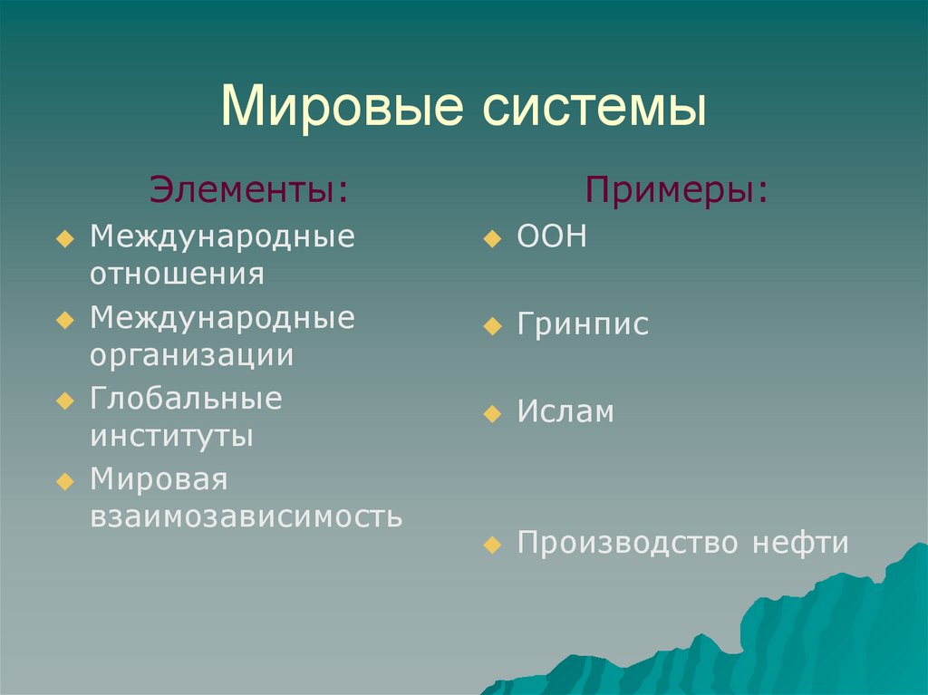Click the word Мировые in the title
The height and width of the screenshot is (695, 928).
point(342,107)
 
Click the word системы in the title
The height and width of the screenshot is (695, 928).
point(594,108)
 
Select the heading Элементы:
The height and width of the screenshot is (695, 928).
point(249,189)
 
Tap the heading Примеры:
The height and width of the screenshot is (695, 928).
point(676,190)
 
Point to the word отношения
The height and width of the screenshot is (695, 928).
point(177,274)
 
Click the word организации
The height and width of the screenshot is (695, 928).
point(192,356)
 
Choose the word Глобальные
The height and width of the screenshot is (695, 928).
point(186,398)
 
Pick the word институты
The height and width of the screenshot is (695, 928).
point(171,436)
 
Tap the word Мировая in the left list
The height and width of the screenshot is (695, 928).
point(159,479)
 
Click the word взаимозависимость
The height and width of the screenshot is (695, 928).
point(246,516)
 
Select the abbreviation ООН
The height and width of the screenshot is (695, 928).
point(552,236)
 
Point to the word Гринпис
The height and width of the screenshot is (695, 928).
point(583,323)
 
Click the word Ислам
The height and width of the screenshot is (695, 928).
point(565,410)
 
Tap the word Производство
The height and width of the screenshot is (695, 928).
point(627,542)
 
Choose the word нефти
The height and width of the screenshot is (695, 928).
point(800,542)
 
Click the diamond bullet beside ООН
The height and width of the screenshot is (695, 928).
point(492,239)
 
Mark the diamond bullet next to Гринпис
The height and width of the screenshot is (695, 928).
point(492,326)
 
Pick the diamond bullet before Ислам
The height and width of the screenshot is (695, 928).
point(492,414)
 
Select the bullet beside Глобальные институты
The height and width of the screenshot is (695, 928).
point(65,401)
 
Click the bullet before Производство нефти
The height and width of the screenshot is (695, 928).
point(492,545)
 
